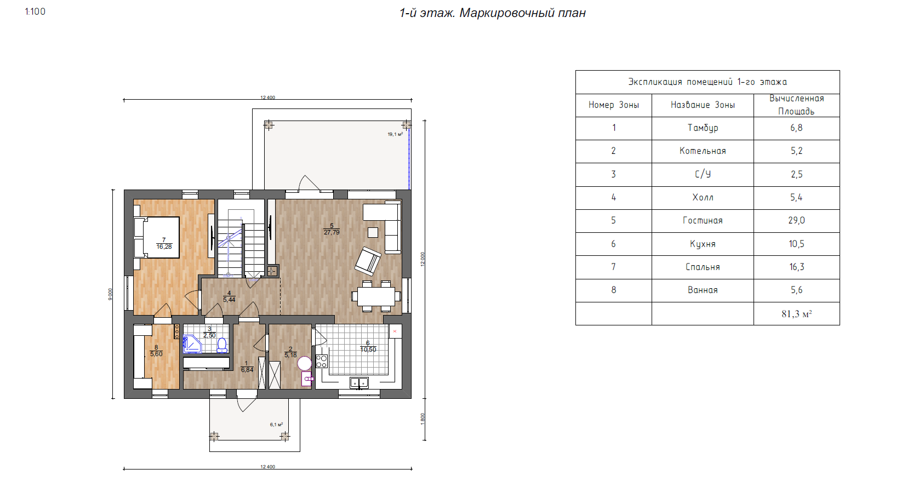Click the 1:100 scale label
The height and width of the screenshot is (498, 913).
(35, 12)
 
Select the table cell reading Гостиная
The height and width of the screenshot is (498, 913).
(703, 220)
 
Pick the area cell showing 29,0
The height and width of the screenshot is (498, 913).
(796, 220)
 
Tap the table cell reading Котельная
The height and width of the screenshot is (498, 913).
(703, 151)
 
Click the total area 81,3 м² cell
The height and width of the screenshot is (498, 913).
(796, 314)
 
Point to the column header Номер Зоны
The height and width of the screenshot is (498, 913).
(613, 105)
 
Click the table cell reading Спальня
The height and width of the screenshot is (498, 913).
(703, 267)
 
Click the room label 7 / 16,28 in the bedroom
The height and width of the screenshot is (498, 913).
(164, 243)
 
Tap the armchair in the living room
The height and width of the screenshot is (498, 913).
(368, 260)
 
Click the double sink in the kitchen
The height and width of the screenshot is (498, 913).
(358, 382)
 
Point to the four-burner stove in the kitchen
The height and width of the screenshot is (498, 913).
(322, 362)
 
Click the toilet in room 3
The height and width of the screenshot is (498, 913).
(222, 345)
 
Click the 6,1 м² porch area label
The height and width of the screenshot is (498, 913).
(276, 425)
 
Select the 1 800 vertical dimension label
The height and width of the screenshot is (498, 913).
(423, 419)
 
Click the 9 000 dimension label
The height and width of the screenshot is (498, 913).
(110, 294)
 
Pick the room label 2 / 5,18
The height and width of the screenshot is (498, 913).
(290, 352)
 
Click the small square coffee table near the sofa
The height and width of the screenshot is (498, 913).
(373, 232)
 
